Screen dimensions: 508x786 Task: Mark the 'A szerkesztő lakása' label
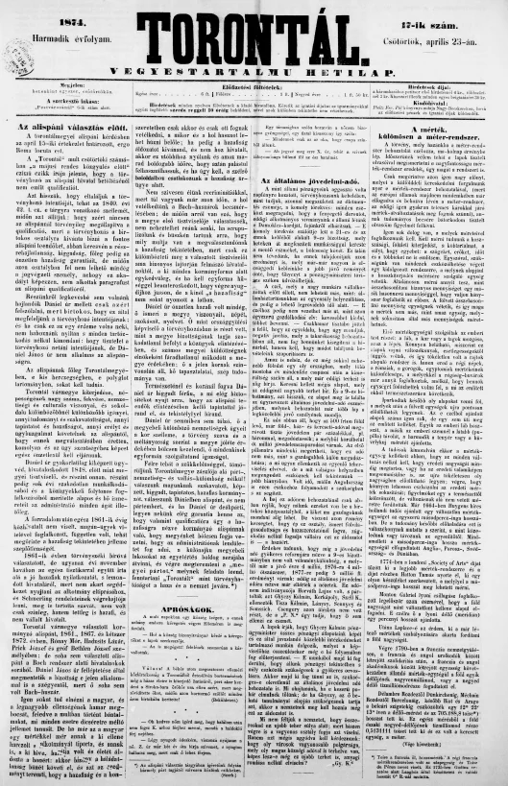(50, 100)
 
